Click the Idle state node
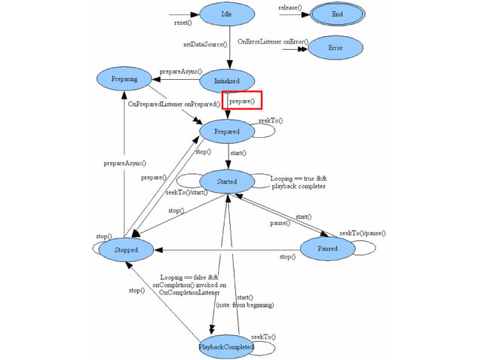[x=227, y=14]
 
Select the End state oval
[x=336, y=14]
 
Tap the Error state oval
[x=336, y=47]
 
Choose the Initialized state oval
[x=227, y=81]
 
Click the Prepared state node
[x=227, y=131]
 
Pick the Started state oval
[x=227, y=182]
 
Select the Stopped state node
[x=126, y=249]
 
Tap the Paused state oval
[x=327, y=248]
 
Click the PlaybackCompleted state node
[x=226, y=346]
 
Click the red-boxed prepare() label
[x=242, y=101]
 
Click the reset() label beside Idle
[x=183, y=23]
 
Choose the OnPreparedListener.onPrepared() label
[x=173, y=103]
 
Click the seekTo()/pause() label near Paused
[x=362, y=233]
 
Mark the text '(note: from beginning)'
[x=245, y=305]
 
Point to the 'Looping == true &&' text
[x=298, y=178]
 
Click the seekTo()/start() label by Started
[x=187, y=193]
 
